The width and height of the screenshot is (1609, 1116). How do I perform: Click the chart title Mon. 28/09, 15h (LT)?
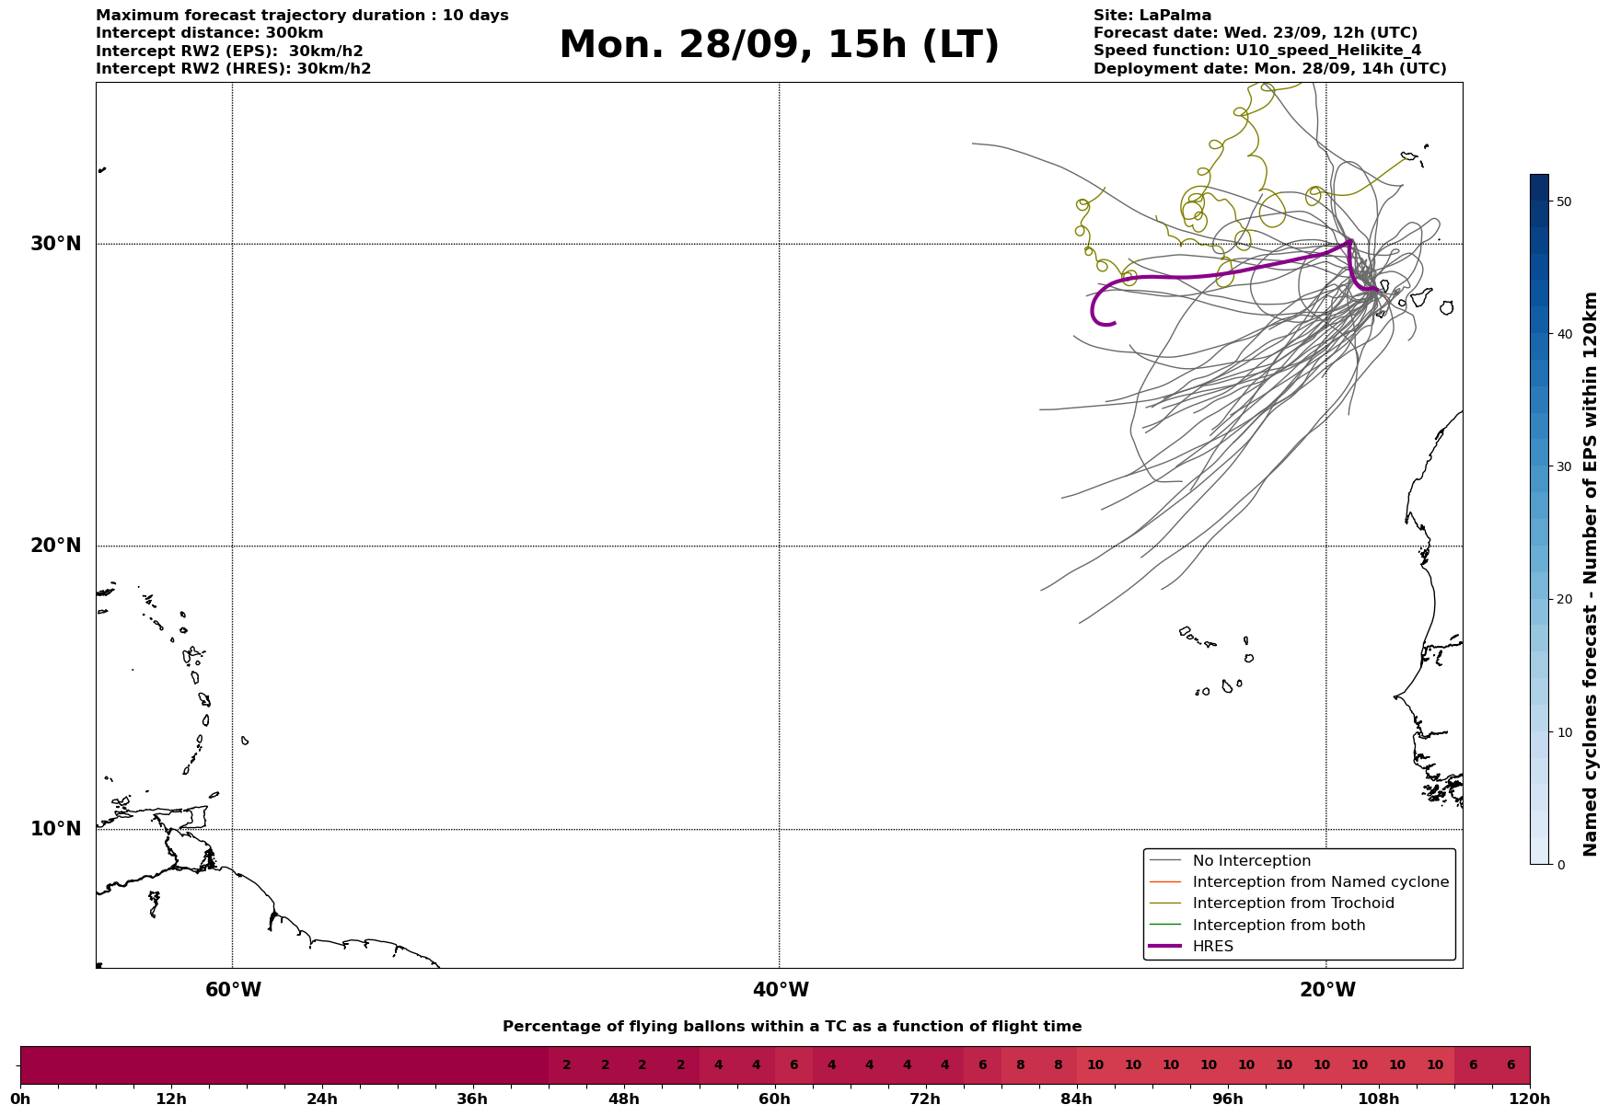click(779, 45)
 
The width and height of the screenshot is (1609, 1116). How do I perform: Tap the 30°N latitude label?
click(55, 244)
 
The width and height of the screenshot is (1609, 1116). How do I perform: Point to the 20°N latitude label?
click(55, 546)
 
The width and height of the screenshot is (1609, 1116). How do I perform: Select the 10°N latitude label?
click(55, 829)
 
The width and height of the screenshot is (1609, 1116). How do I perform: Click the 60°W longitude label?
click(233, 990)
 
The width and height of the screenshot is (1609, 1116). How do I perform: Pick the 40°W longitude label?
click(781, 990)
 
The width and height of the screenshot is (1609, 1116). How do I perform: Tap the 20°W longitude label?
click(1327, 990)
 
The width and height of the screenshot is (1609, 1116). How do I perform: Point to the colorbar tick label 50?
click(1563, 201)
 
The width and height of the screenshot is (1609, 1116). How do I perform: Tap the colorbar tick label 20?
click(1563, 600)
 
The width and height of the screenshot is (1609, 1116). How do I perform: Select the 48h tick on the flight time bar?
click(624, 1099)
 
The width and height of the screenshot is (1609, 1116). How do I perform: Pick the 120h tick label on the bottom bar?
click(1530, 1099)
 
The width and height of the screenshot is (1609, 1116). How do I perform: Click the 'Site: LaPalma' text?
click(1152, 16)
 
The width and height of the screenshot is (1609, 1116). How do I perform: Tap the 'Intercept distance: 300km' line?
click(210, 33)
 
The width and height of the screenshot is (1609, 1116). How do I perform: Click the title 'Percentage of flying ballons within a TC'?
click(792, 1027)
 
